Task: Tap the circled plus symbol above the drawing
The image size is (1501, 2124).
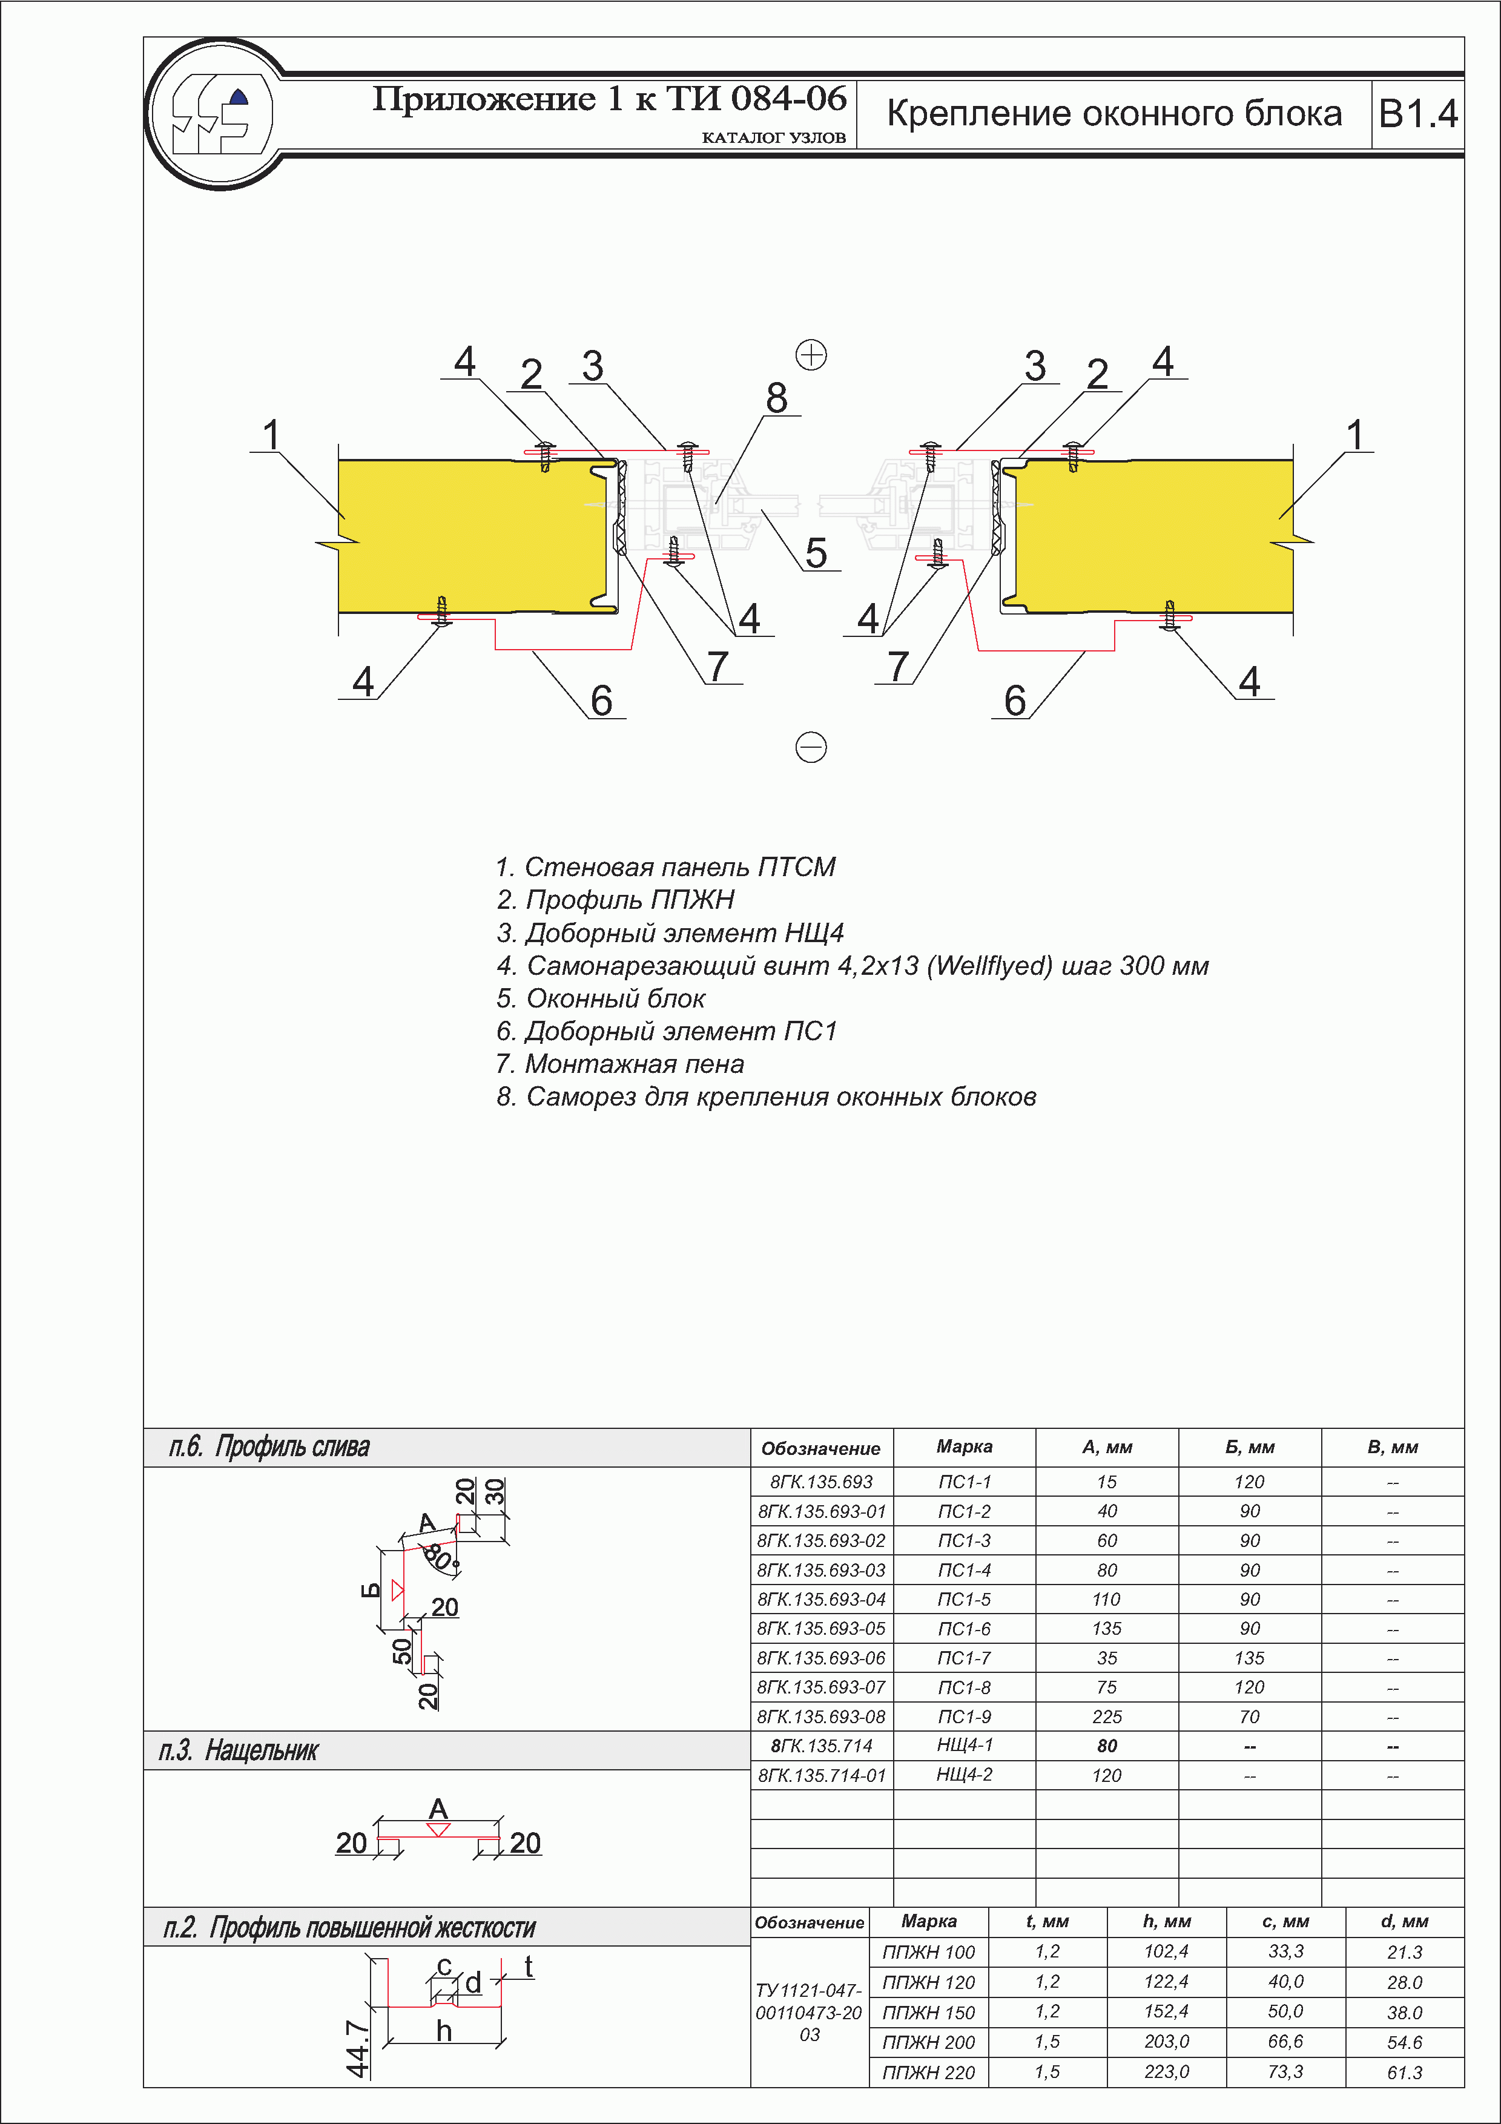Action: (811, 354)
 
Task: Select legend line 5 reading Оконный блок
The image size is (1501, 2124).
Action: (601, 999)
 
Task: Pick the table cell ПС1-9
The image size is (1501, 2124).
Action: (964, 1717)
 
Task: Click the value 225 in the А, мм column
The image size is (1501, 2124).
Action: (1106, 1717)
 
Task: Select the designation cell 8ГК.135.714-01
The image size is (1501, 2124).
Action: (821, 1775)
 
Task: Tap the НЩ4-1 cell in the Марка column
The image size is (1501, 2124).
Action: (964, 1745)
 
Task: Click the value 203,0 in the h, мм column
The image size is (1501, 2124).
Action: (1166, 2042)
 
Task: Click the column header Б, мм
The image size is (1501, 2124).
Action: (1250, 1448)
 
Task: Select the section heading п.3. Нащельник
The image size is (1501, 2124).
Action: (239, 1750)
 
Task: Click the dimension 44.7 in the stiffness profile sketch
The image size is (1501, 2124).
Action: (357, 2048)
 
